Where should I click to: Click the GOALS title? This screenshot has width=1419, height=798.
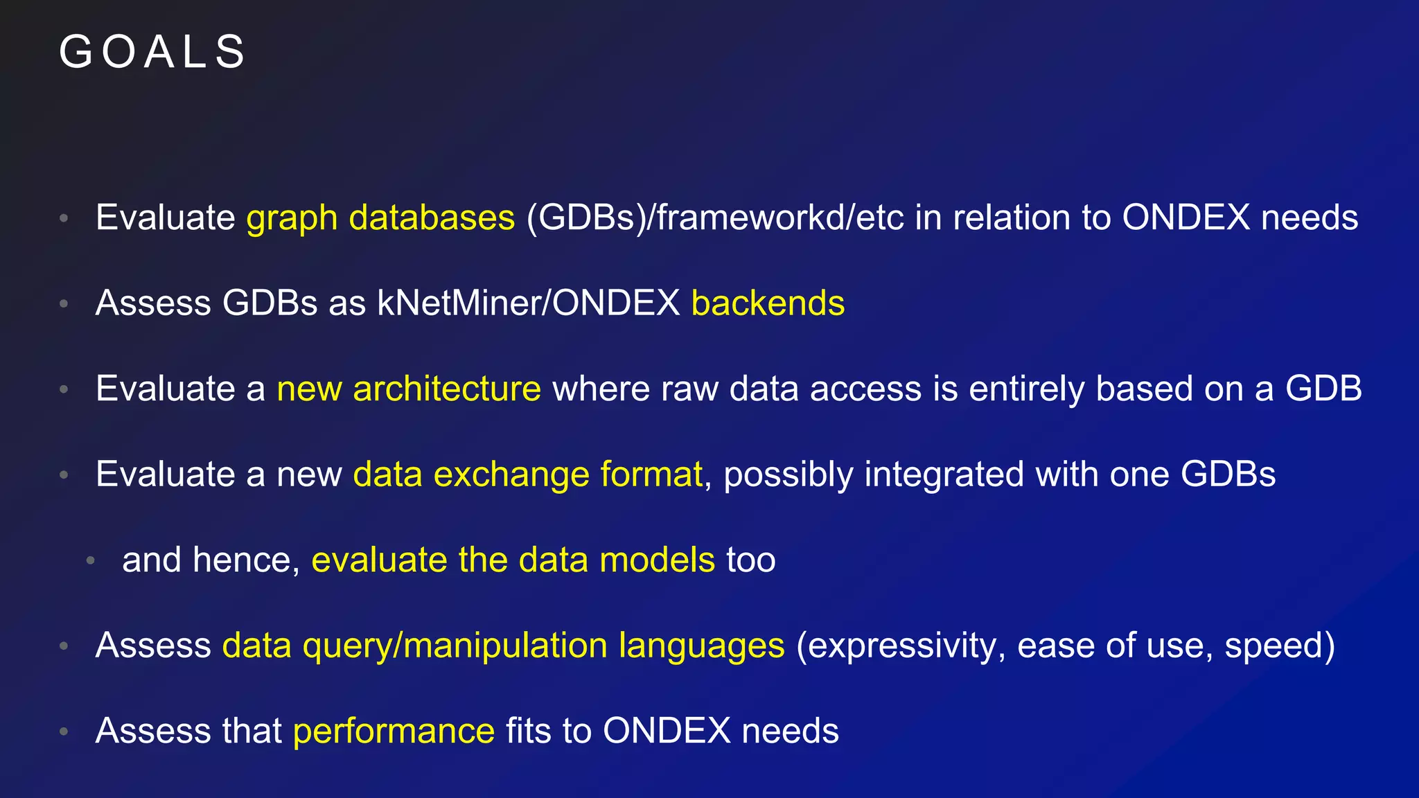152,52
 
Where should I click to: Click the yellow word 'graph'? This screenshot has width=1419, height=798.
292,219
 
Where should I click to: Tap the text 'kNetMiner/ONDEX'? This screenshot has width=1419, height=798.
528,303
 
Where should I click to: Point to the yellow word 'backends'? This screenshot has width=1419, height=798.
768,303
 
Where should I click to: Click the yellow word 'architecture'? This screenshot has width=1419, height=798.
447,389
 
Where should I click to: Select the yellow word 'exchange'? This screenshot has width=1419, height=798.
511,475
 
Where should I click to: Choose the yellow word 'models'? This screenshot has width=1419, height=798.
657,560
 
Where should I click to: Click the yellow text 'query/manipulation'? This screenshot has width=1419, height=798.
455,646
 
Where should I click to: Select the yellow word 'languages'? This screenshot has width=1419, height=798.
701,646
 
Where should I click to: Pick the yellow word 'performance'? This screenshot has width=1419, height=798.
394,731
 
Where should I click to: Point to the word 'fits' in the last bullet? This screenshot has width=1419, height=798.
528,731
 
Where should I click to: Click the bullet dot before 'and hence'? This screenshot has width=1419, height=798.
90,560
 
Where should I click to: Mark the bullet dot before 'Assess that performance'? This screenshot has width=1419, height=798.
64,731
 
